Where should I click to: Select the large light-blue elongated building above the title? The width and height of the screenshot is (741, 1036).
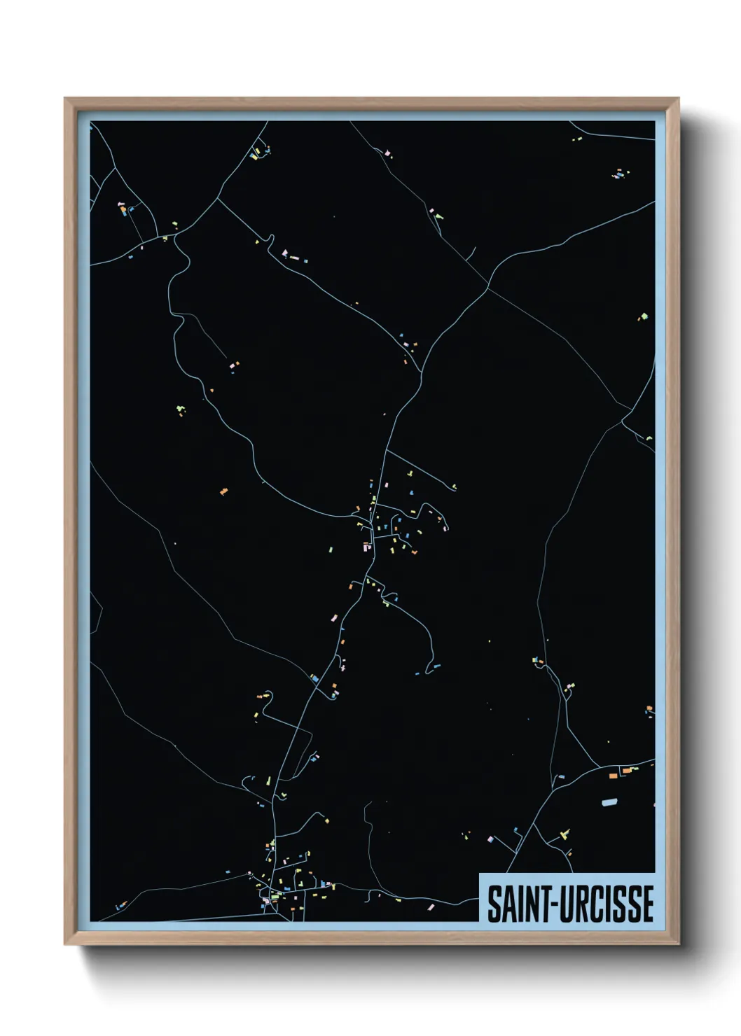pos(611,801)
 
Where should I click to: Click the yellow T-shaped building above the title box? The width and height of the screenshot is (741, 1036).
pos(564,833)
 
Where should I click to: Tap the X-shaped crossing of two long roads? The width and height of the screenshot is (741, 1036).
pos(487,287)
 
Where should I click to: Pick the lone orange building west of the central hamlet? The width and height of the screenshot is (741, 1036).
pos(224,491)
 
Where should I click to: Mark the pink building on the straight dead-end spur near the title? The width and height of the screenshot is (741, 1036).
pos(491,838)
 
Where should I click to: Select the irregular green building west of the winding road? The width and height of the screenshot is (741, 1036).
pos(181,409)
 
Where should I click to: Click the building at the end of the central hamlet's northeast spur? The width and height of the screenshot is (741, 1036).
pos(455,487)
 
